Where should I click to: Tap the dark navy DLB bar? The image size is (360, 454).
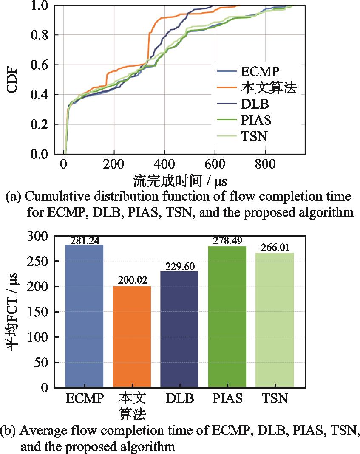[x=180, y=329]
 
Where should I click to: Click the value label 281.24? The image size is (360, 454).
[x=84, y=241]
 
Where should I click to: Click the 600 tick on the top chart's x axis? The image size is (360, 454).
[x=215, y=164]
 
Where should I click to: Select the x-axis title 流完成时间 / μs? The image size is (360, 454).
[x=180, y=181]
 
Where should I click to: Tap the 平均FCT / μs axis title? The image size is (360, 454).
[x=13, y=312]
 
